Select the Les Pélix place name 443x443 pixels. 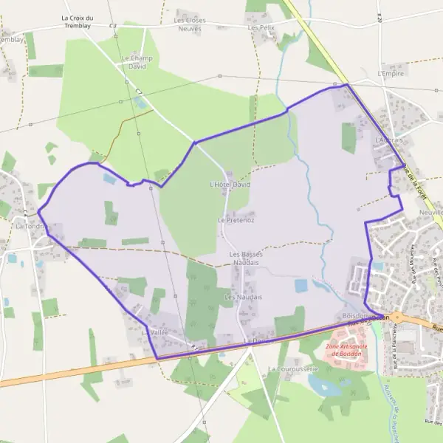[261, 27]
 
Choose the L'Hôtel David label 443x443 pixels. [230, 184]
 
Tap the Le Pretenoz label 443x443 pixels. [236, 220]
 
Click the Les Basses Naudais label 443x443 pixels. [246, 258]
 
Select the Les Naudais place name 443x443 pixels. [243, 297]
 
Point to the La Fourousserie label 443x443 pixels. [292, 368]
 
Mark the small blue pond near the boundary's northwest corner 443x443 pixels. [109, 179]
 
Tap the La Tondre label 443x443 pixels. [29, 226]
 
